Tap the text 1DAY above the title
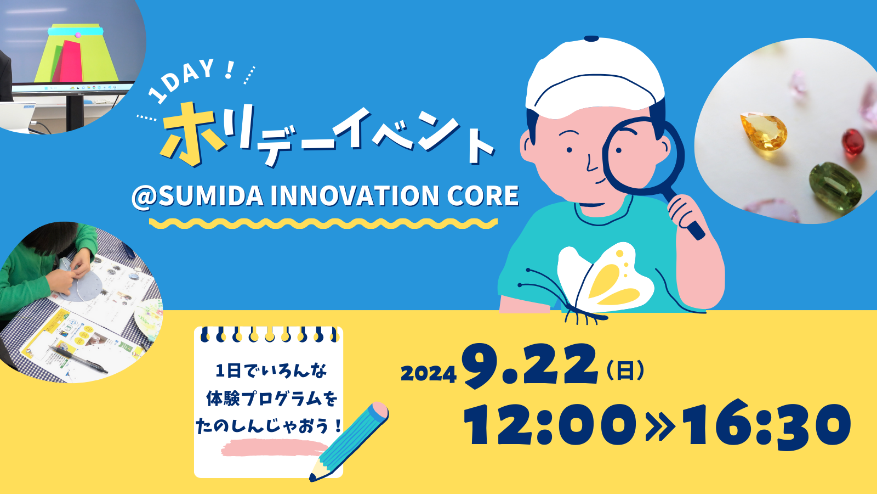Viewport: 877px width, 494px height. [x=181, y=80]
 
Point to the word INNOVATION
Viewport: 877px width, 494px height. [x=354, y=195]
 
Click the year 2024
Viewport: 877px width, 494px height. [x=429, y=374]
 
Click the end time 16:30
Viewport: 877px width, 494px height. [x=768, y=423]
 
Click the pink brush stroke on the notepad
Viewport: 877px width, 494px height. [x=274, y=447]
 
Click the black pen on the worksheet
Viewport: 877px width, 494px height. [x=78, y=360]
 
